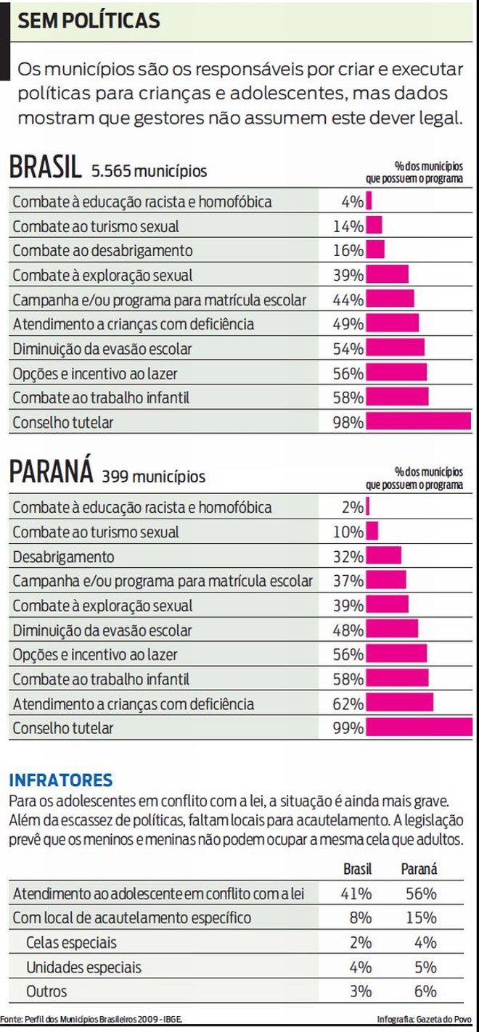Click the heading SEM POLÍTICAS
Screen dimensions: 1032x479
coord(89,22)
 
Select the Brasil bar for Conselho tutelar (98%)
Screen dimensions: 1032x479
coord(419,422)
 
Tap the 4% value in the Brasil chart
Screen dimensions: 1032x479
coord(352,202)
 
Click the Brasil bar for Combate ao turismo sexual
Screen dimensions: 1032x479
coord(374,226)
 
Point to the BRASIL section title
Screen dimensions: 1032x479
coord(44,168)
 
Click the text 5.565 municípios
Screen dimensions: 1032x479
coord(149,172)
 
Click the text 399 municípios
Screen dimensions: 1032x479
coord(153,477)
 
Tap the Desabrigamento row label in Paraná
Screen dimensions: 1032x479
coord(63,557)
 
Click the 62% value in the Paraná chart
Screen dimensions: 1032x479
coord(348,703)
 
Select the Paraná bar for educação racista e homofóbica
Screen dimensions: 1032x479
coord(368,507)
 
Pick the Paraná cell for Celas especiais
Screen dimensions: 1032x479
coord(420,943)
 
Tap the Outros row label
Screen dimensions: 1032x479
coord(46,991)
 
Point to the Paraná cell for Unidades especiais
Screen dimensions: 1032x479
coord(420,967)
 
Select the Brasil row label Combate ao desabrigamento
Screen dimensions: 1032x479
coord(102,251)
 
